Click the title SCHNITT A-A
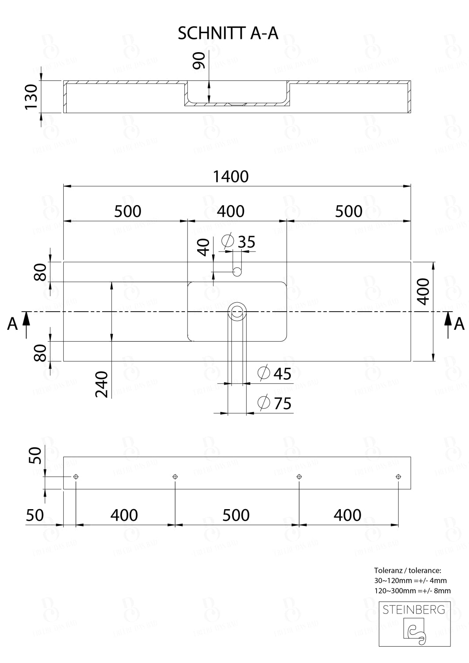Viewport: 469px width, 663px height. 228,33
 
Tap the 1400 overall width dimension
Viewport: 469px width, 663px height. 231,176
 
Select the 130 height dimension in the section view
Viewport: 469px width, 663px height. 31,97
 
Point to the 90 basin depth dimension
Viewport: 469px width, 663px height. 199,61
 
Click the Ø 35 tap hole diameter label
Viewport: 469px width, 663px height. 240,242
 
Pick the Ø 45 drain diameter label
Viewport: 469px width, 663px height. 275,373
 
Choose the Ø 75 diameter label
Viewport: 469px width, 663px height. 275,403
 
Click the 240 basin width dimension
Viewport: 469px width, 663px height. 103,384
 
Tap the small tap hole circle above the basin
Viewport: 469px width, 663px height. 237,272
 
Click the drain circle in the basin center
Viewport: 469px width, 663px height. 237,312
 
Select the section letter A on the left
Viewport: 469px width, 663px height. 12,324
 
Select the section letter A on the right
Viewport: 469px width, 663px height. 459,324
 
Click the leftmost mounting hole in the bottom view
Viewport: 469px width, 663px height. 76,476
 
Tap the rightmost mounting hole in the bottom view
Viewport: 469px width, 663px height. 398,476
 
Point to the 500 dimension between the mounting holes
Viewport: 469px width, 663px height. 236,515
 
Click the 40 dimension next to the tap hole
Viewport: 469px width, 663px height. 204,247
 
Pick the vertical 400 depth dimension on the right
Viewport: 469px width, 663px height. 423,291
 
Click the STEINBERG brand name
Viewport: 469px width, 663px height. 414,610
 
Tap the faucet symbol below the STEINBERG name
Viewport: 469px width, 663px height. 415,629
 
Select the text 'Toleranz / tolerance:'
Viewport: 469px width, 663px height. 408,571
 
